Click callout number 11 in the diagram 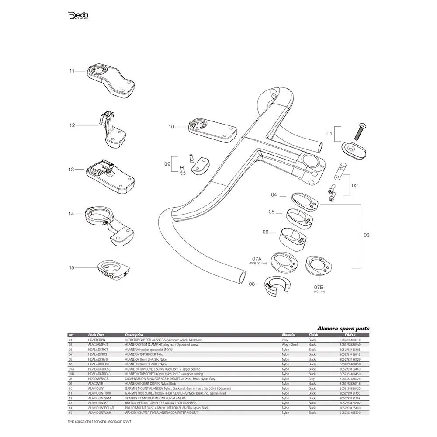(x=72, y=70)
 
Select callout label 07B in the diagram (x=319, y=287)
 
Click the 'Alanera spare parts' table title (x=343, y=329)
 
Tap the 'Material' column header (x=288, y=334)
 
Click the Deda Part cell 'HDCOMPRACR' (x=99, y=378)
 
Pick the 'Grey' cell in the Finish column (x=312, y=378)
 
